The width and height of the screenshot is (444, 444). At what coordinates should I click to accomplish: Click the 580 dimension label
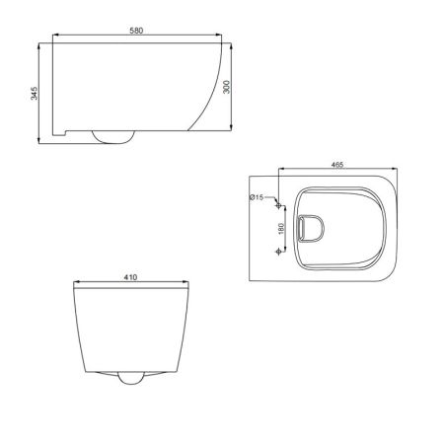136,31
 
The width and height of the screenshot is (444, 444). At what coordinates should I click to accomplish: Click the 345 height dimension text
35,94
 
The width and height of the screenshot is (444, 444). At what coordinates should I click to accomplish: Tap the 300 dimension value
227,87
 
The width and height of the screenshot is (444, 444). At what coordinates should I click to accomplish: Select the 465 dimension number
337,165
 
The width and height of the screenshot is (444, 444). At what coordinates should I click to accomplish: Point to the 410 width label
130,277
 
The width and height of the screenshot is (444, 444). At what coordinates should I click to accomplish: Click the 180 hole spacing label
281,229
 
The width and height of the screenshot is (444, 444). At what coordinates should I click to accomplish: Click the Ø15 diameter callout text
257,197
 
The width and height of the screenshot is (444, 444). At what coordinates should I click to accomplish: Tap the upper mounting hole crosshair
278,205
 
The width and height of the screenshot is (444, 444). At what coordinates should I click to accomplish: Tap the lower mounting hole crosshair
278,252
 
